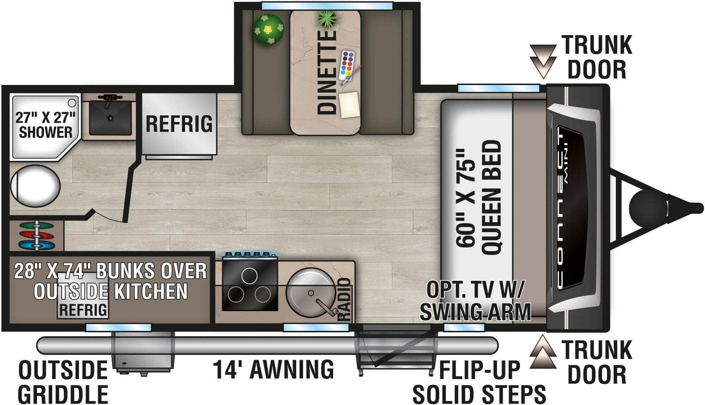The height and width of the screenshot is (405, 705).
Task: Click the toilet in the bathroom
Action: (x=35, y=186)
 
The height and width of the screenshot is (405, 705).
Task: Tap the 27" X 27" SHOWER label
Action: (x=46, y=125)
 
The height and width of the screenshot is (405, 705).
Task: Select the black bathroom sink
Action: (x=110, y=118)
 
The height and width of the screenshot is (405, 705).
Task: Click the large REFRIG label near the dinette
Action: (x=179, y=124)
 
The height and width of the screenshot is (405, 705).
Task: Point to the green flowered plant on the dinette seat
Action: (x=268, y=29)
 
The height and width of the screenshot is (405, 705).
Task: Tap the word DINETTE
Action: (x=327, y=72)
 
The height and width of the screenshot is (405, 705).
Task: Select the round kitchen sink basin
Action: (x=311, y=293)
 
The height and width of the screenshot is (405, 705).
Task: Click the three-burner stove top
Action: (x=250, y=284)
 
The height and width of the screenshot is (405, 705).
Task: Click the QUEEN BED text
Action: (x=492, y=197)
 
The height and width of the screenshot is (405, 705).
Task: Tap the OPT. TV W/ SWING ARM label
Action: (x=475, y=301)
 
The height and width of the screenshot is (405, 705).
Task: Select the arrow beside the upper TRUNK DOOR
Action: (x=543, y=61)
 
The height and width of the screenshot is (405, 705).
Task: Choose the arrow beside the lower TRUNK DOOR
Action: (x=543, y=352)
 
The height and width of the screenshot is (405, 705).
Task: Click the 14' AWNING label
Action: (x=273, y=369)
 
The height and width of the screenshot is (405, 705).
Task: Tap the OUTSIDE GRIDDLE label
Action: (x=63, y=382)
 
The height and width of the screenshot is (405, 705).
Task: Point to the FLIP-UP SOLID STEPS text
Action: (x=479, y=382)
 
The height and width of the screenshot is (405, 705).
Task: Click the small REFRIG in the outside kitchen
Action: (x=83, y=310)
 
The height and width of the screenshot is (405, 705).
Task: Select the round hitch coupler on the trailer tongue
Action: (x=648, y=208)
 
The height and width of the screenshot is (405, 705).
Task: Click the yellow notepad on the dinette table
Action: (x=349, y=105)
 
